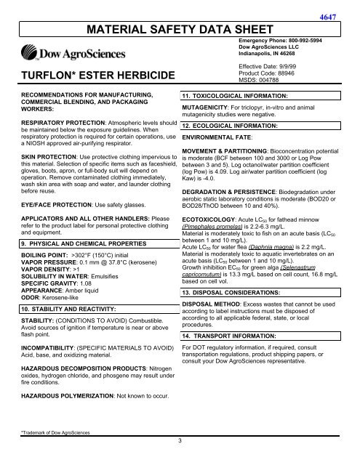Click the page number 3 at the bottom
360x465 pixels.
click(x=180, y=458)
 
